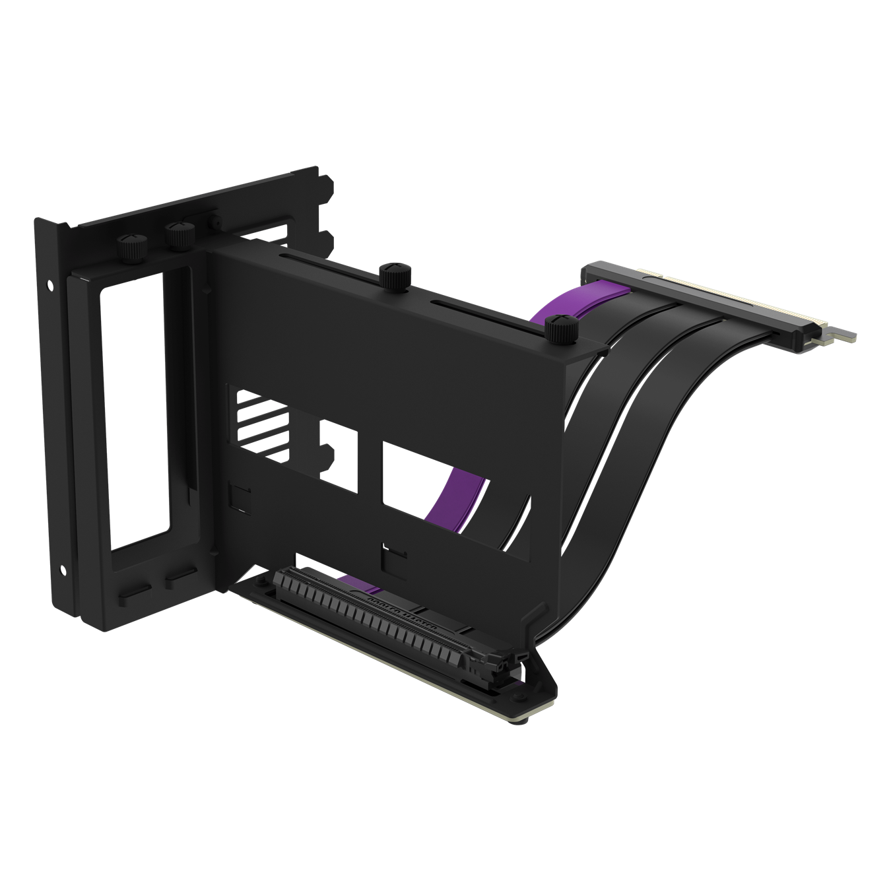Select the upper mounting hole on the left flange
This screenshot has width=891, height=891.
pos(50,286)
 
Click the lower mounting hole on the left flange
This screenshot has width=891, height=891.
pos(63,568)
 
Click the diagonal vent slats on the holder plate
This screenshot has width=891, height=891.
pos(254,422)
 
